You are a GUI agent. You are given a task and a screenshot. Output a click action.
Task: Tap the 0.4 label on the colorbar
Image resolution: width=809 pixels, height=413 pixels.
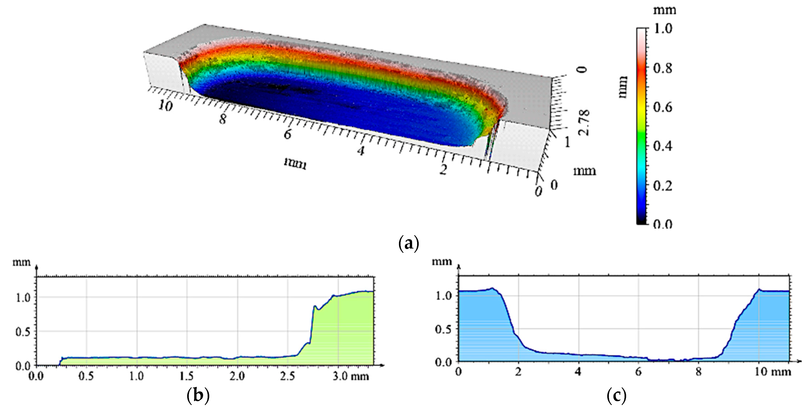click(663, 146)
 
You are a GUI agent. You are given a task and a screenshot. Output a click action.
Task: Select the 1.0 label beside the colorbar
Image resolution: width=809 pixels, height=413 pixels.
click(663, 29)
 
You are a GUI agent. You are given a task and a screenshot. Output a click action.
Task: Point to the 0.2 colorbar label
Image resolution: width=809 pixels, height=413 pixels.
click(663, 186)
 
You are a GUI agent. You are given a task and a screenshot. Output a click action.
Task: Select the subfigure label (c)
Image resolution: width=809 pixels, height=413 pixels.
click(617, 396)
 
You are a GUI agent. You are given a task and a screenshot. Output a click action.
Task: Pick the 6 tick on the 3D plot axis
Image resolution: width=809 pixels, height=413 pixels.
click(287, 134)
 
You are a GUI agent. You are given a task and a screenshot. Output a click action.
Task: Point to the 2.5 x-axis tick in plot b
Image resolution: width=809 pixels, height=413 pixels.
click(287, 376)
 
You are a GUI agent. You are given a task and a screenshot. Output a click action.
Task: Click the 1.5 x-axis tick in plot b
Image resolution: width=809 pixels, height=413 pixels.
click(187, 376)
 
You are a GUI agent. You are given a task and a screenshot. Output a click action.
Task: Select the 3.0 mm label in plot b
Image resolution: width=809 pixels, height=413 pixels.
click(350, 376)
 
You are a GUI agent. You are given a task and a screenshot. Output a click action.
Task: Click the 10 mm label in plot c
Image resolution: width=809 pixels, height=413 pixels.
click(773, 372)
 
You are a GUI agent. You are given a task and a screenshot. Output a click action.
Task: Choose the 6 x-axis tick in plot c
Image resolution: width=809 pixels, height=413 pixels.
click(638, 372)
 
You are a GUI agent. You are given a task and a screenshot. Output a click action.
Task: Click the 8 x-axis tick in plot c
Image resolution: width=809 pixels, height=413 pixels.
click(698, 372)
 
